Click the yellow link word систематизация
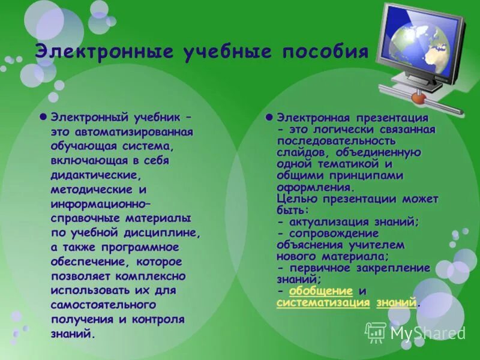click(x=323, y=302)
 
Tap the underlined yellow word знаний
click(x=396, y=302)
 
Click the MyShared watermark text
click(x=427, y=332)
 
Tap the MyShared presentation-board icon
click(x=376, y=332)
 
